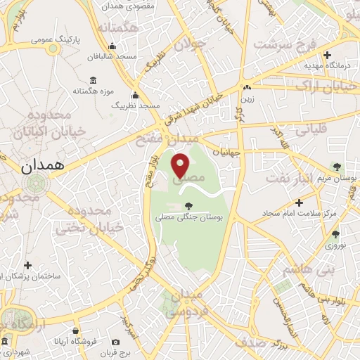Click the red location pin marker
[x=181, y=165]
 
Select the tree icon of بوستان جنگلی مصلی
[x=188, y=206]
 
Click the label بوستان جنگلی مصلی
[x=188, y=218]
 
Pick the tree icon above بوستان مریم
[x=336, y=167]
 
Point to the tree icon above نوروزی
[x=335, y=234]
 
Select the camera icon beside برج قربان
[x=115, y=342]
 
